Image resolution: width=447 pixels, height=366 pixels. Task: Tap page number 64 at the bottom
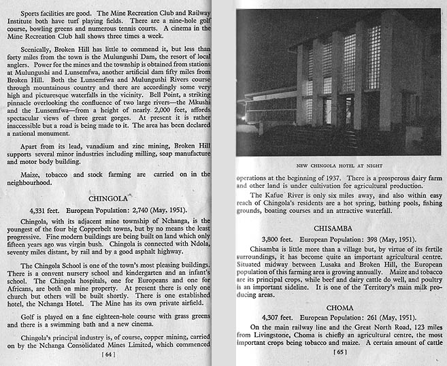[108, 354]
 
